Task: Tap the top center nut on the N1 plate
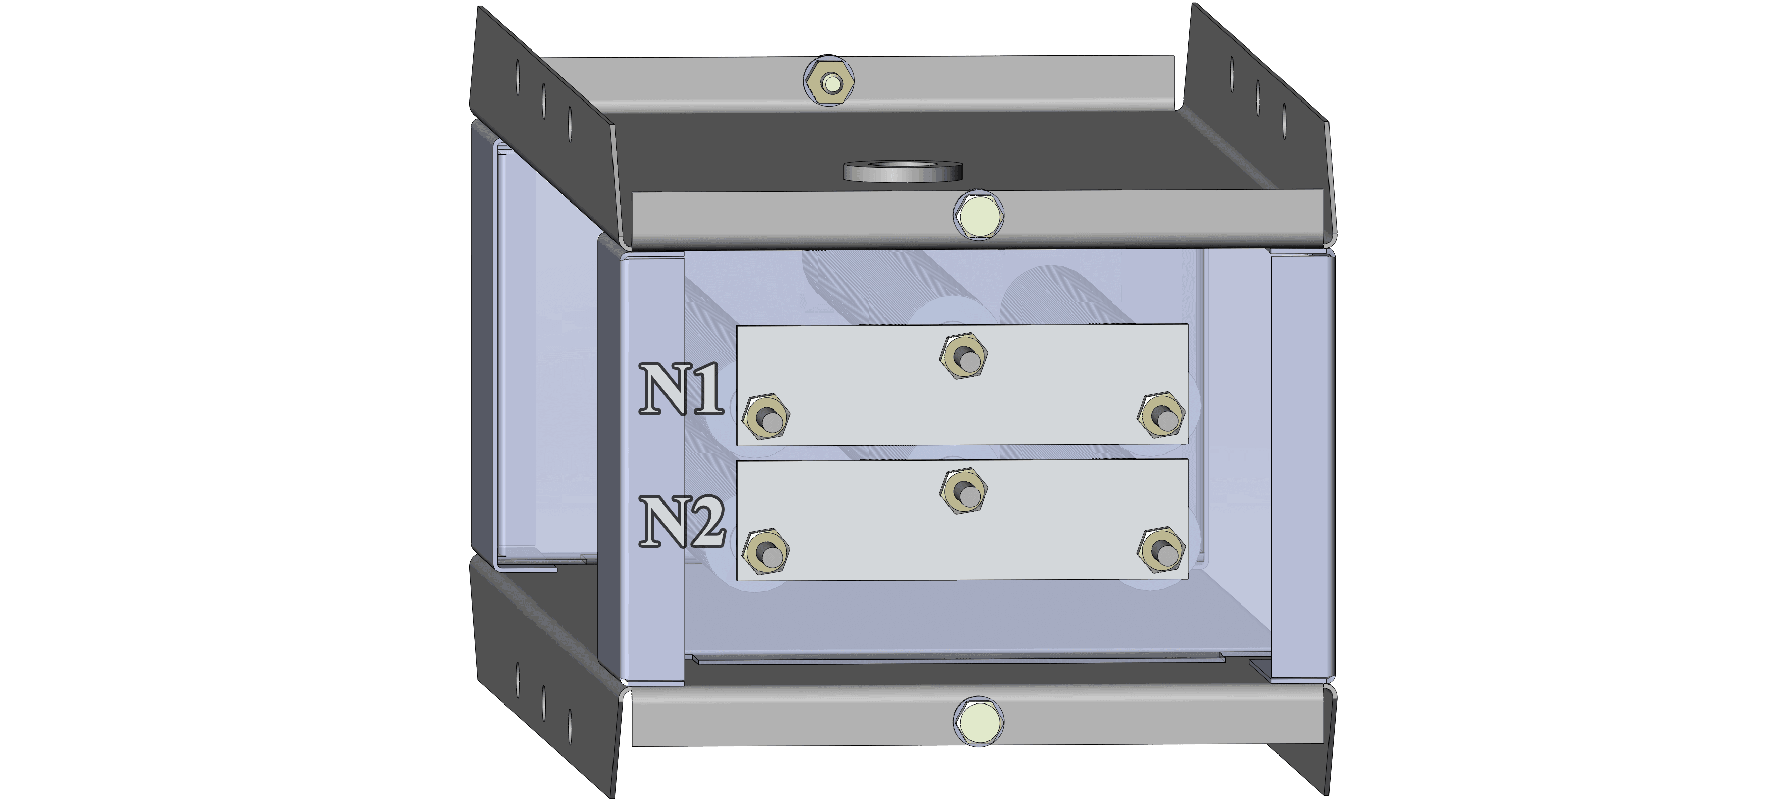(x=963, y=357)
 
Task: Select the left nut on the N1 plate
(x=765, y=417)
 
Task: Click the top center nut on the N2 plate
(x=963, y=491)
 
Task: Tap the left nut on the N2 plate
(x=765, y=551)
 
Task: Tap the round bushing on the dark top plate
(x=903, y=171)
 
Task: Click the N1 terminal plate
(x=962, y=385)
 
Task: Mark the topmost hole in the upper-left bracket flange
(x=518, y=76)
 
